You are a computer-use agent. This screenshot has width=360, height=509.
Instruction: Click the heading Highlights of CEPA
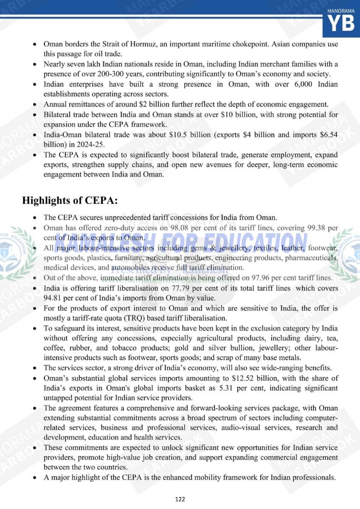(x=70, y=200)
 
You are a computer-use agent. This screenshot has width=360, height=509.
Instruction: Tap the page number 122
(x=180, y=499)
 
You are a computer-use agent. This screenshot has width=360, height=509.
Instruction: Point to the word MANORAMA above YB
(x=341, y=9)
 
